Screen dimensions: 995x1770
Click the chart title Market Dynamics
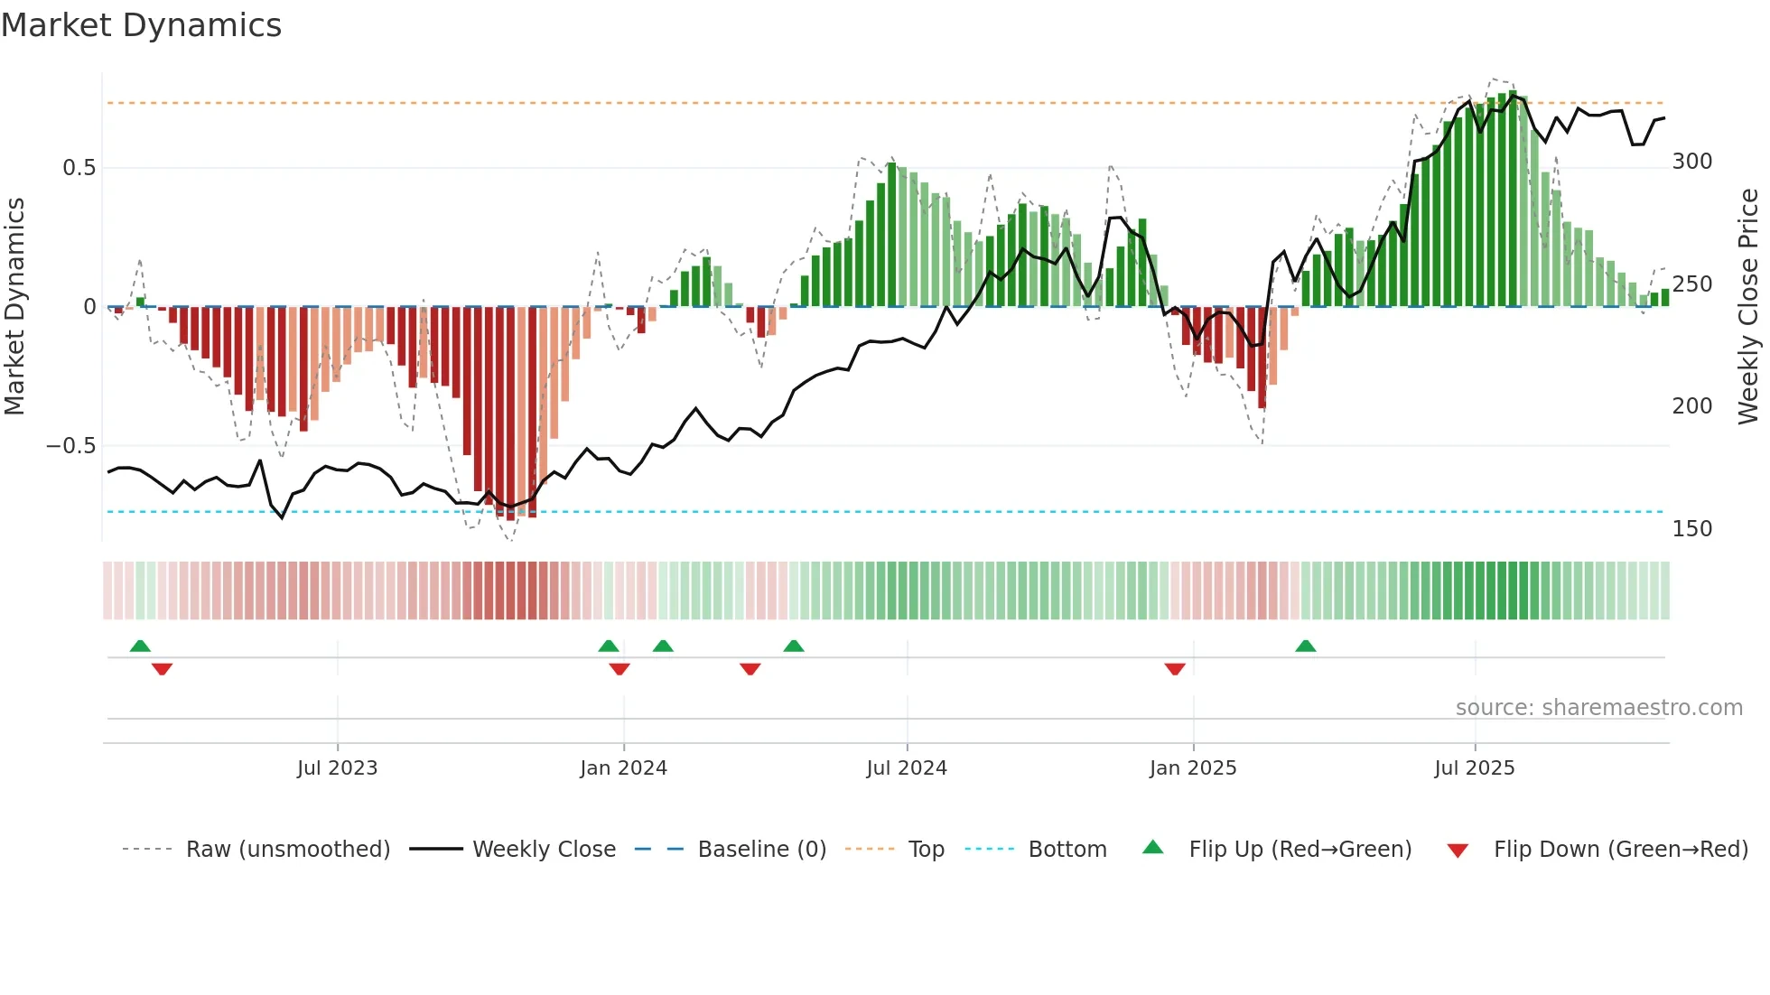click(x=142, y=25)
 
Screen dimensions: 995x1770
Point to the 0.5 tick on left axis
click(x=79, y=168)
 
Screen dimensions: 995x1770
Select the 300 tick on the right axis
click(x=1691, y=162)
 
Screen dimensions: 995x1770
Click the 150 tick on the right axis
click(x=1691, y=529)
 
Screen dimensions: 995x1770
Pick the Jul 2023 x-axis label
click(x=337, y=768)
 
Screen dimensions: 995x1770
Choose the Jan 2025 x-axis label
click(x=1192, y=768)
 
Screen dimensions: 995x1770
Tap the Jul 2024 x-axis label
click(x=906, y=768)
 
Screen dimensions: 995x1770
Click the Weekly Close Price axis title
click(x=1748, y=307)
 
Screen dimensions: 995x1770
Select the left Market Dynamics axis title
click(x=14, y=307)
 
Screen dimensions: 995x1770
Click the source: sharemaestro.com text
click(x=1598, y=708)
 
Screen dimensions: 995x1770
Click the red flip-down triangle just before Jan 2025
click(x=1174, y=669)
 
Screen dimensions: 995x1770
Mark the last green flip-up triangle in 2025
click(x=1305, y=646)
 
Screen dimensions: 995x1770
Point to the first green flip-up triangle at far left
click(x=140, y=646)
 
